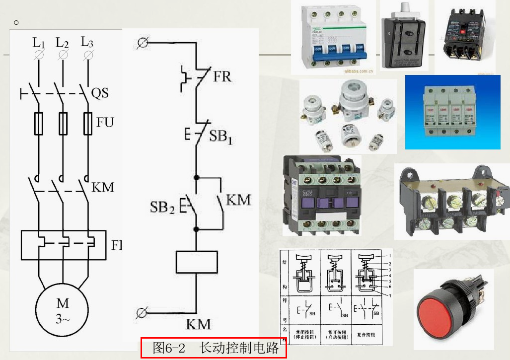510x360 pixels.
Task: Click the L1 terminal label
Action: click(x=39, y=43)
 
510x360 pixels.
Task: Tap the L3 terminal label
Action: click(x=87, y=42)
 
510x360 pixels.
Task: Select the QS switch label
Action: click(x=100, y=93)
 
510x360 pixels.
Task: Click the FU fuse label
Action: click(x=105, y=122)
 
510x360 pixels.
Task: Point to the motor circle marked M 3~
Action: click(x=63, y=310)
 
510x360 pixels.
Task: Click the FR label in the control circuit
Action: click(x=221, y=77)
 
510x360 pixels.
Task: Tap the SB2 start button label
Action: click(x=162, y=207)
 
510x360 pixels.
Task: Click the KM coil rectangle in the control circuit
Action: click(x=197, y=262)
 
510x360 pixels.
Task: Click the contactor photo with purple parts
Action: click(x=321, y=195)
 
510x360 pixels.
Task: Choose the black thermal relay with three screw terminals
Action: click(x=452, y=202)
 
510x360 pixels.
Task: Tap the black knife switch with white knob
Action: click(x=404, y=37)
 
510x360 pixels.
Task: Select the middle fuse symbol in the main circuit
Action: click(x=63, y=123)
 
